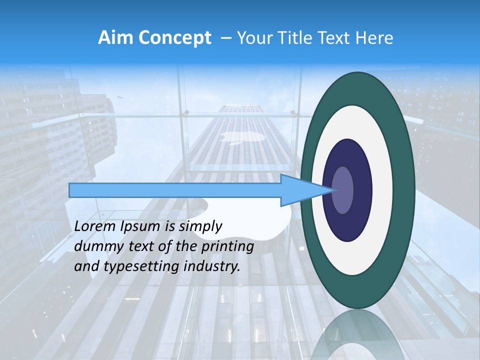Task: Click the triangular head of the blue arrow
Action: (300, 190)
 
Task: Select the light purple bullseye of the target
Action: (342, 190)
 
